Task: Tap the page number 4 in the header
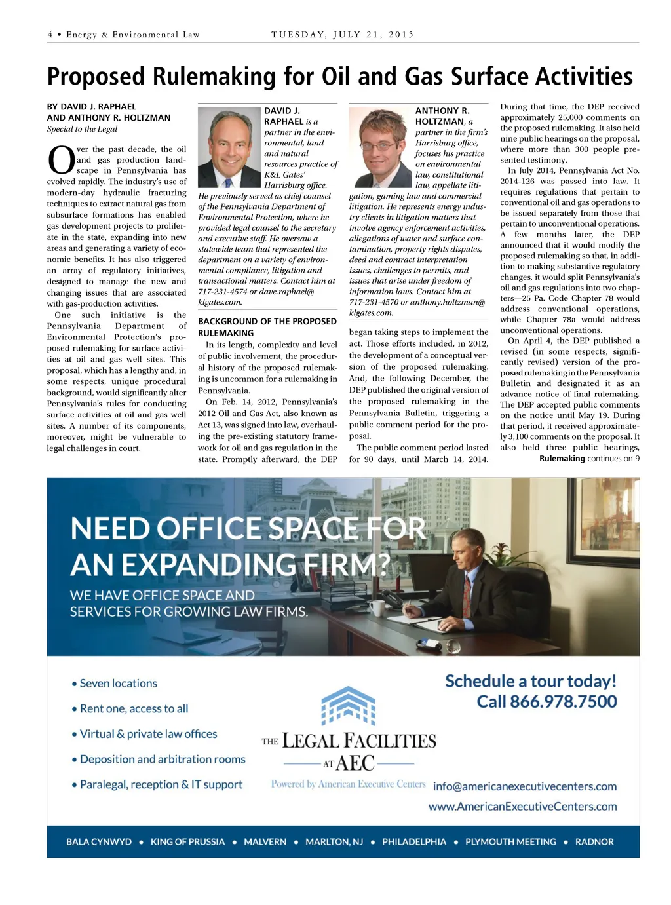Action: pyautogui.click(x=50, y=35)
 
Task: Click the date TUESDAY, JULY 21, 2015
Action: pyautogui.click(x=343, y=35)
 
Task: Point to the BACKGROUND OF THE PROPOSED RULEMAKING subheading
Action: pyautogui.click(x=267, y=327)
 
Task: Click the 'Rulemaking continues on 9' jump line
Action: pyautogui.click(x=588, y=459)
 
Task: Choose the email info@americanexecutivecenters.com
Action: pyautogui.click(x=524, y=786)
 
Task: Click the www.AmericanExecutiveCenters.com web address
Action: pyautogui.click(x=522, y=807)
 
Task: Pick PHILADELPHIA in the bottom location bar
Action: pyautogui.click(x=414, y=842)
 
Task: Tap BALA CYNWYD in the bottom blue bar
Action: pyautogui.click(x=99, y=842)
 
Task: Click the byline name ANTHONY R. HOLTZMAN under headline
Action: pyautogui.click(x=117, y=118)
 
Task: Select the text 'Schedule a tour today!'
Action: pyautogui.click(x=531, y=682)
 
